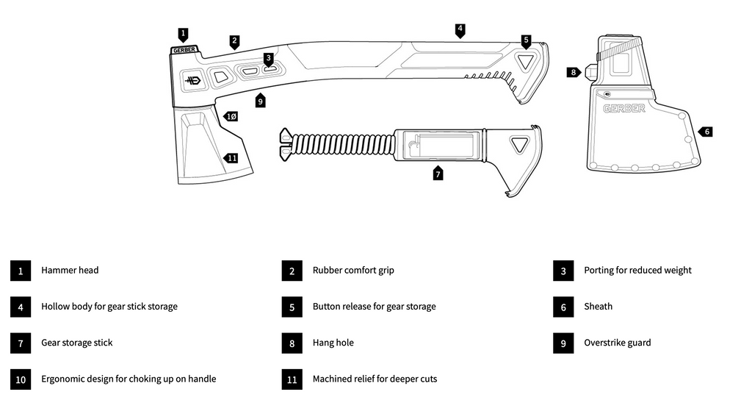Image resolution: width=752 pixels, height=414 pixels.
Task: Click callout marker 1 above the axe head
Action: [x=183, y=34]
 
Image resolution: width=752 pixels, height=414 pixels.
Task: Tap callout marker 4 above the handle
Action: [x=460, y=30]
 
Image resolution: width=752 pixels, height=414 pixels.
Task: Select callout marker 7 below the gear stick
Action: [x=438, y=174]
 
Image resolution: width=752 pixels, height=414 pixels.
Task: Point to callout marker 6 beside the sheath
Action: [x=706, y=132]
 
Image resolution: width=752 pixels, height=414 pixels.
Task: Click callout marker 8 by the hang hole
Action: [x=574, y=72]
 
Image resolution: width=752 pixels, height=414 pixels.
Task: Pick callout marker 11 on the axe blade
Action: [x=231, y=157]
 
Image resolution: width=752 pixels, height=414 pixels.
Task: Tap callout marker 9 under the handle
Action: [x=260, y=100]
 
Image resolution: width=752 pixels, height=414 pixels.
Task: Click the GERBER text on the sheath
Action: [x=624, y=109]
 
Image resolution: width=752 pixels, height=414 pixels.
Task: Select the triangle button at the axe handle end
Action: [x=525, y=63]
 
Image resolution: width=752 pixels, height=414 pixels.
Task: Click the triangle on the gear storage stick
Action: [x=521, y=143]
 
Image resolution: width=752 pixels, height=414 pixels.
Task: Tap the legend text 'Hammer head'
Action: [x=70, y=271]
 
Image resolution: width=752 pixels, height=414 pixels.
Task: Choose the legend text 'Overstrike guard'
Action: [x=617, y=343]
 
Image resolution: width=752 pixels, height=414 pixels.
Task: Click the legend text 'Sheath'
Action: [x=598, y=307]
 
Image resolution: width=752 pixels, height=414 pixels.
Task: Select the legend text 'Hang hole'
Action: [x=333, y=343]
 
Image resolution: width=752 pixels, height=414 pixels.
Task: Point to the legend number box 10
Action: [x=21, y=379]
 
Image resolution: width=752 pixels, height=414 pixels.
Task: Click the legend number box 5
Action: [x=292, y=307]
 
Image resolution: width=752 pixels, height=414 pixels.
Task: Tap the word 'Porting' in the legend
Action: [x=599, y=271]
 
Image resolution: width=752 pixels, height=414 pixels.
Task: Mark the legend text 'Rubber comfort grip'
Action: [x=353, y=271]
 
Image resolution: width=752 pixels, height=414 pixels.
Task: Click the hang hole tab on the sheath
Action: [x=590, y=72]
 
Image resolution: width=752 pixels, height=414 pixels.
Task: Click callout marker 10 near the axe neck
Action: [x=230, y=116]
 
